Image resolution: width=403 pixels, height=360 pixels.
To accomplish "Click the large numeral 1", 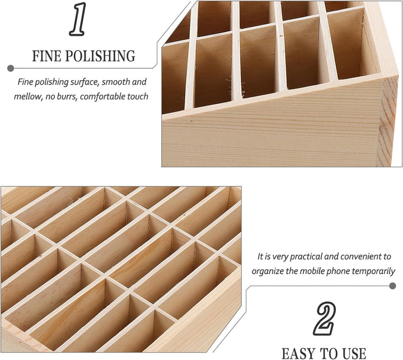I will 78,21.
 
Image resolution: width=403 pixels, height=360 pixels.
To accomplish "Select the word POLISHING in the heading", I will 104,57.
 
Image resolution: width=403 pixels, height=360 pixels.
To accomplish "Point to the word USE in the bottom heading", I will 351,353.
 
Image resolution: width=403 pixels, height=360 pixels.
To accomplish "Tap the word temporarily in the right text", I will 369,272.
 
